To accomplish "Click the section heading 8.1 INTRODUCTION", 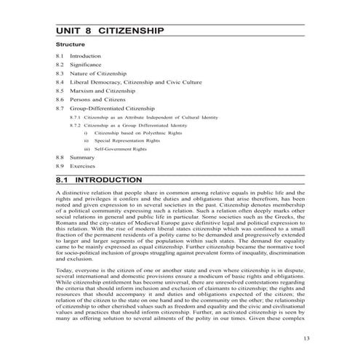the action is tap(99, 179).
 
